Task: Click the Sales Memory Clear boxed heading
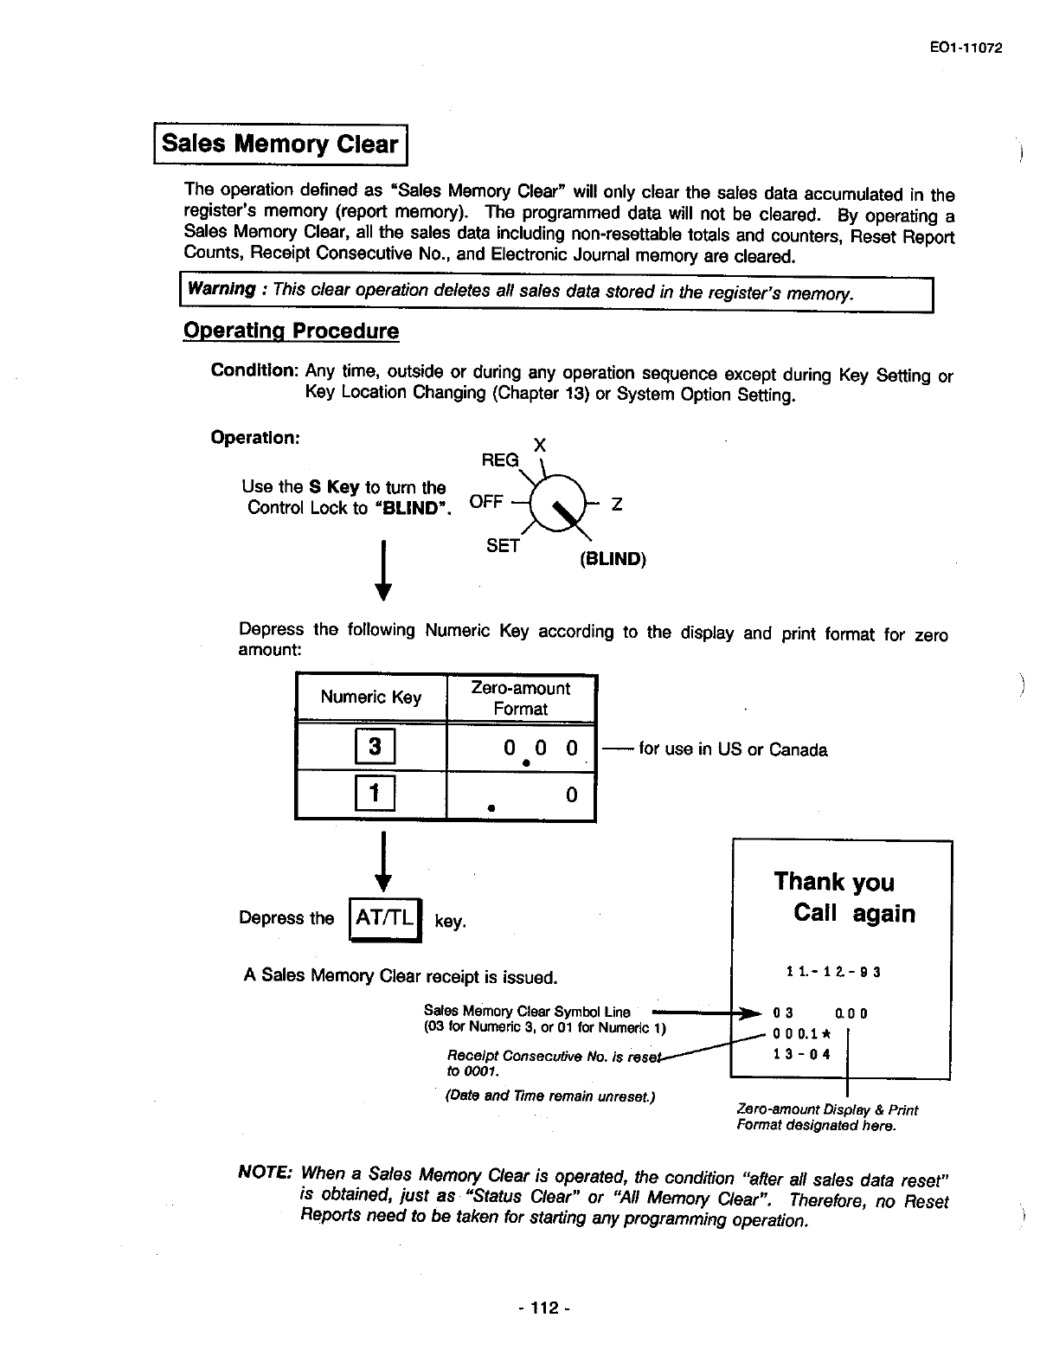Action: [x=280, y=144]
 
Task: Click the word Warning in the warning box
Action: [x=221, y=289]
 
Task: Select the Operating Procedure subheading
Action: [x=291, y=331]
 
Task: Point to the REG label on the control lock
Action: [x=500, y=460]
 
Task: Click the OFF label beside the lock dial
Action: [x=486, y=502]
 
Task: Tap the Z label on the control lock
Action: [x=617, y=504]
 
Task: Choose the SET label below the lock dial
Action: [x=503, y=545]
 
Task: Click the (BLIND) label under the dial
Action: [x=613, y=559]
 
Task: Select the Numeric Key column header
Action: [x=370, y=697]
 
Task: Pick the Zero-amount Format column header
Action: [x=520, y=698]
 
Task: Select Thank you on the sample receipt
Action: [x=834, y=882]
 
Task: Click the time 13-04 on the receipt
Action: [x=801, y=1054]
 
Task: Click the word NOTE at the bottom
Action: [x=264, y=1173]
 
